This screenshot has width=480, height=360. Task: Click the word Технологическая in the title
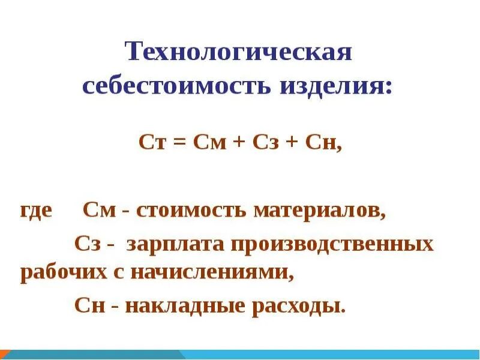[238, 53]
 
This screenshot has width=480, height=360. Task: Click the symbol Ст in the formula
[150, 145]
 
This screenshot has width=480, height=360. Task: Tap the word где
[36, 212]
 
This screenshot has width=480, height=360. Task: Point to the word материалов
[319, 211]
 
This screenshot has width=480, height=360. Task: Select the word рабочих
[59, 274]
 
